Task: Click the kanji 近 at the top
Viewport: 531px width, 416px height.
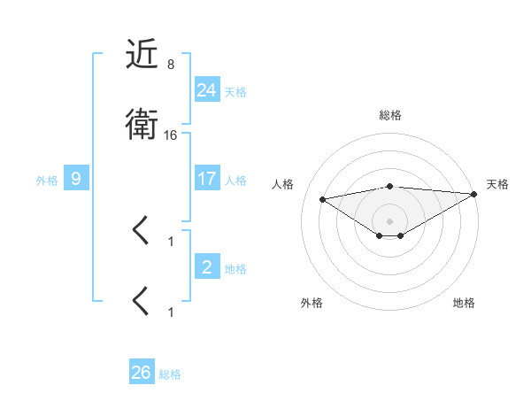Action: tap(142, 55)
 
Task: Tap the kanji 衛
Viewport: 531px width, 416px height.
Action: tap(142, 125)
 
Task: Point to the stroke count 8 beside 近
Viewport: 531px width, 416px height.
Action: tap(170, 65)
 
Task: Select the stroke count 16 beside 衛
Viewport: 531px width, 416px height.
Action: tap(172, 135)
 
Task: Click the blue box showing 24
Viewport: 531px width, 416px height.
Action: tap(207, 89)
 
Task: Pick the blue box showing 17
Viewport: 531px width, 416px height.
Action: tap(207, 179)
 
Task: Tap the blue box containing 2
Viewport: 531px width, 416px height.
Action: tap(207, 266)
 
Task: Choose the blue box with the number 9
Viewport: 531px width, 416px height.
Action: tap(76, 179)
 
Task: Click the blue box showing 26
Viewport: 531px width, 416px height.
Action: tap(142, 373)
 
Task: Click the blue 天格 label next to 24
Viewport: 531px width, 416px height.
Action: tap(235, 92)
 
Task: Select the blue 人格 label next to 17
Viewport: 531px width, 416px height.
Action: tap(235, 181)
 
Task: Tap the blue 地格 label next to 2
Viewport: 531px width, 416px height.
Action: tap(235, 269)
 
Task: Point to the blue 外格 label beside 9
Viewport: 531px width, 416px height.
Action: tap(47, 181)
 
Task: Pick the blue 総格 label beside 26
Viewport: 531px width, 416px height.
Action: tap(170, 374)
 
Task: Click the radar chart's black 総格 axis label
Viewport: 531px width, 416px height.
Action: tap(390, 115)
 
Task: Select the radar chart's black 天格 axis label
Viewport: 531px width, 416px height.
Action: tap(497, 184)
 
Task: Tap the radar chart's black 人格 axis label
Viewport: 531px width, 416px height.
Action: tap(284, 184)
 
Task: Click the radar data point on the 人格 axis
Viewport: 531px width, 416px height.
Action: tap(323, 198)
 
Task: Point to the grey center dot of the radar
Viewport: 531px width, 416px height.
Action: tap(390, 220)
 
